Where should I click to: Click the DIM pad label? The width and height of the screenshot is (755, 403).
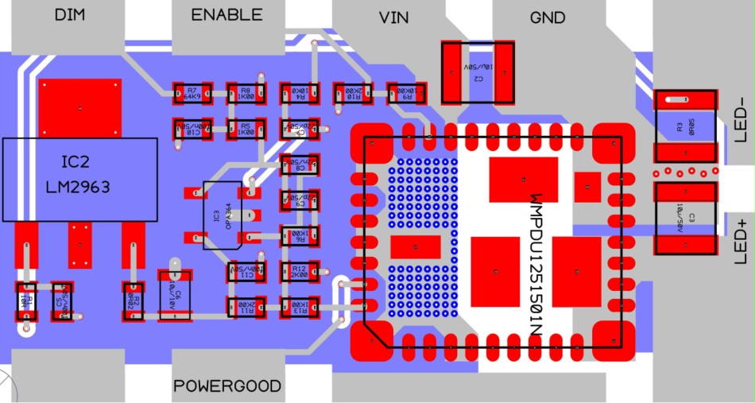(70, 15)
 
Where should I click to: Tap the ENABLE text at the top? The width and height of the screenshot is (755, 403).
(226, 15)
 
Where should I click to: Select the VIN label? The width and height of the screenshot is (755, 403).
(394, 17)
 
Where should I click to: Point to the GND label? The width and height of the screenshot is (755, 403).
(547, 17)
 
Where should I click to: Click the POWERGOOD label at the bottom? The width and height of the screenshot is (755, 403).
(227, 386)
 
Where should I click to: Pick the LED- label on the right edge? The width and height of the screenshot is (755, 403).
(741, 119)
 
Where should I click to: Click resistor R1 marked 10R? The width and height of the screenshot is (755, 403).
(26, 300)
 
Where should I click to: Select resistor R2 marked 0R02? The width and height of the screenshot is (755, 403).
(135, 301)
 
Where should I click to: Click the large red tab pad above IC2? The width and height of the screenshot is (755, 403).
(80, 107)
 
